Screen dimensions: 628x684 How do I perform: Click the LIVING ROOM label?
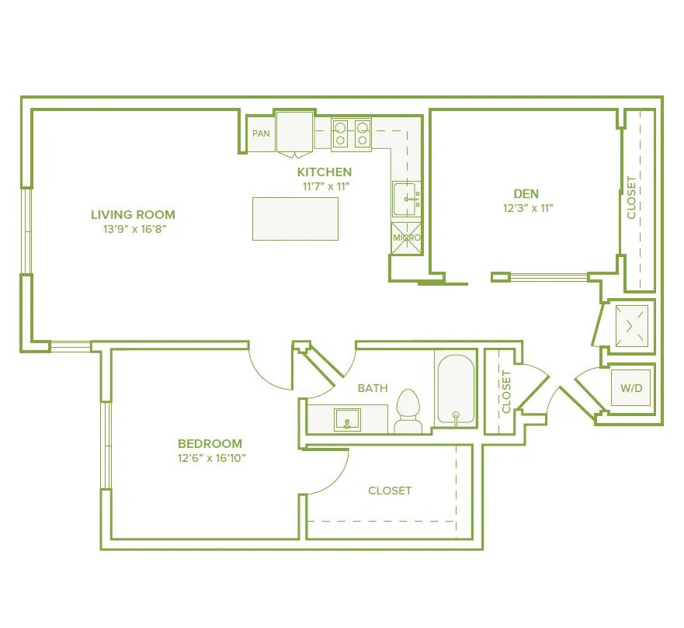pos(133,215)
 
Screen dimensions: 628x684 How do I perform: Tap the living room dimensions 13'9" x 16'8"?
pos(133,229)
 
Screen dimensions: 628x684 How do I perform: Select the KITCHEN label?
pos(325,172)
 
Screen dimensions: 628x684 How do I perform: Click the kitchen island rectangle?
pos(295,218)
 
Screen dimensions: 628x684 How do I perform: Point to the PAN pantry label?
pos(261,134)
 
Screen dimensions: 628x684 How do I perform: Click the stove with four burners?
pos(351,134)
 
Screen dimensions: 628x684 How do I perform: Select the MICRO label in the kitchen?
pos(406,238)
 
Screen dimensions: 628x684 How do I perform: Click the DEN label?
pos(526,193)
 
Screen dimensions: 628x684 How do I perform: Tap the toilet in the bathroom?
pos(408,410)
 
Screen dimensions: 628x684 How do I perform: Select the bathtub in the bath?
pos(455,390)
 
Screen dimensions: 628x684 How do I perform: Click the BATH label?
pos(373,388)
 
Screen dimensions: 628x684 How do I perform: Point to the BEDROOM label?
pos(210,444)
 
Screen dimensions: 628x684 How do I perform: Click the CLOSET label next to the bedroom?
pos(390,491)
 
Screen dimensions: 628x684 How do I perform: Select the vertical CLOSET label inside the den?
pos(631,197)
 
